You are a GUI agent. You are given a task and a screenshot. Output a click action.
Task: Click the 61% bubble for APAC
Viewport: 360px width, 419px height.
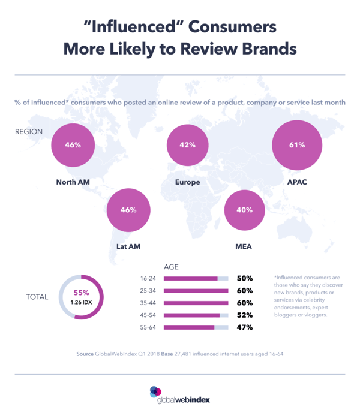[297, 144]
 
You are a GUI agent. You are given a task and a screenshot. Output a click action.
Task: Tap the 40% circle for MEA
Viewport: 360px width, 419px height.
[245, 210]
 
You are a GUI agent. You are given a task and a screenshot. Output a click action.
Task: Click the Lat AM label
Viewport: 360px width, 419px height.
[128, 246]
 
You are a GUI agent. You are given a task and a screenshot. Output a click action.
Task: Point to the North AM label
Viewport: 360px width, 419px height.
[73, 182]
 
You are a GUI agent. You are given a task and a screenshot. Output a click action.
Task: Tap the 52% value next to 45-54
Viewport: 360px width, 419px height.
[244, 315]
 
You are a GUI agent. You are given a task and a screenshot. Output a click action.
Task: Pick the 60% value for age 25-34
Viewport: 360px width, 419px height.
[244, 291]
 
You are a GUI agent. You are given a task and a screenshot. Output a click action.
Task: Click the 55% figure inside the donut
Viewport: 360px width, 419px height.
[81, 293]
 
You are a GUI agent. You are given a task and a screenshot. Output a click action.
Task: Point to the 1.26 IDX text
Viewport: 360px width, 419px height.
[81, 302]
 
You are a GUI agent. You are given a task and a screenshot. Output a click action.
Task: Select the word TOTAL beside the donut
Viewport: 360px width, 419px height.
[37, 297]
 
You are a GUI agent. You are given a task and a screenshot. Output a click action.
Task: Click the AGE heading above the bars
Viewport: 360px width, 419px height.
[172, 266]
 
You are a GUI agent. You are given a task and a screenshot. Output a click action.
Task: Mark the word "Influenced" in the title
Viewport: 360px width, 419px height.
[119, 27]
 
